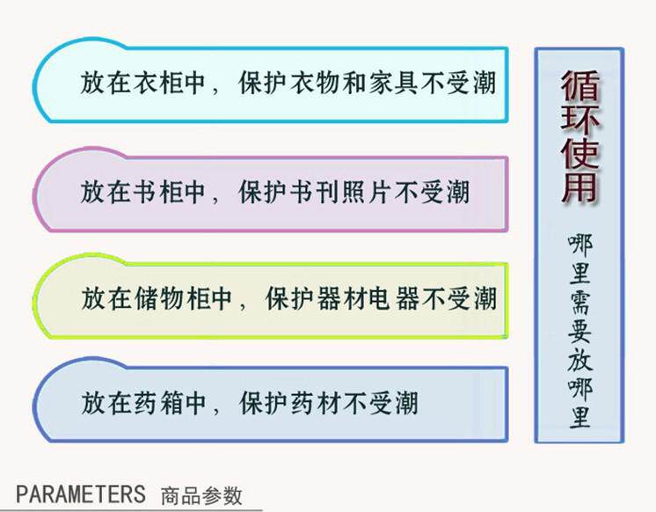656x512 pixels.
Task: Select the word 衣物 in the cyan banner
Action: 314,84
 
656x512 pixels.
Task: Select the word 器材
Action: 340,298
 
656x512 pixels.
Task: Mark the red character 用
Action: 579,189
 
